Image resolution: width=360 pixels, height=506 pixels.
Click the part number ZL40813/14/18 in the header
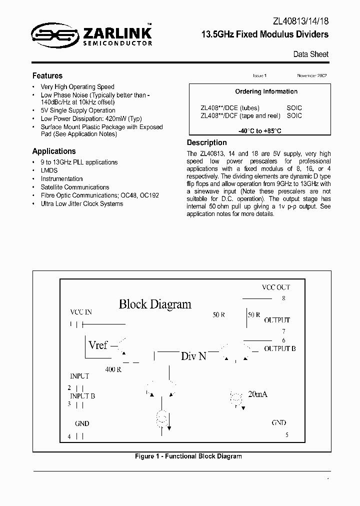click(300, 21)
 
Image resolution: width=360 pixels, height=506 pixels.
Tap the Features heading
click(47, 76)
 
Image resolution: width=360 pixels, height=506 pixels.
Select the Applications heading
click(54, 151)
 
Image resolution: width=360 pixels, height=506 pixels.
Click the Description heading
click(206, 142)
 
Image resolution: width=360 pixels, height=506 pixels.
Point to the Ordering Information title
click(266, 91)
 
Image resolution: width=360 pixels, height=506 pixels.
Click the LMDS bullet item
click(49, 170)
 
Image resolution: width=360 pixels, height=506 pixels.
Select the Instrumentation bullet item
click(61, 178)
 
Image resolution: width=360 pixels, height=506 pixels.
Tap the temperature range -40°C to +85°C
click(259, 131)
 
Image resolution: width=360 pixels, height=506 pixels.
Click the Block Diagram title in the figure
click(154, 304)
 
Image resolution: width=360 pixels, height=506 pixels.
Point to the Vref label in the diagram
click(98, 345)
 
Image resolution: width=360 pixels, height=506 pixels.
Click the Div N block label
click(193, 356)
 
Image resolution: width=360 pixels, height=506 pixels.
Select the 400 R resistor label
click(113, 369)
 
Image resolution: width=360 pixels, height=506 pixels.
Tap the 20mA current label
click(257, 394)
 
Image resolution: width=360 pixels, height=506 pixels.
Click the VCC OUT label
click(276, 287)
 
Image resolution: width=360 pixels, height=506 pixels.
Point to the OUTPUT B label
click(279, 348)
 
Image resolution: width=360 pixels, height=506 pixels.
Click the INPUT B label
click(82, 396)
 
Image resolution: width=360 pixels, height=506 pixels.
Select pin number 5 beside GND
click(286, 435)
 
